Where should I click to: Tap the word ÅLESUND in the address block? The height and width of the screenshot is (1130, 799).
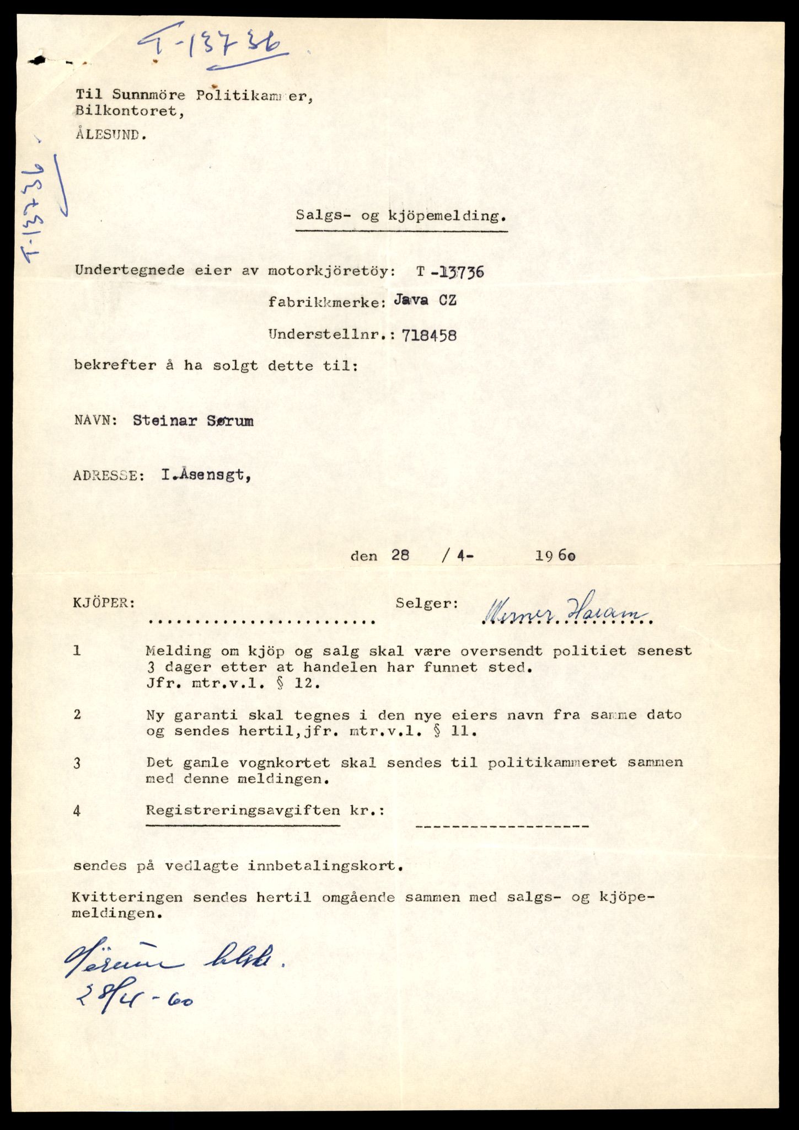pos(110,135)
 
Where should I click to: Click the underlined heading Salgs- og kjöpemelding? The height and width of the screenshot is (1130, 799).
pos(401,216)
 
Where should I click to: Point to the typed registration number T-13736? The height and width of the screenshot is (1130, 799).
pos(451,271)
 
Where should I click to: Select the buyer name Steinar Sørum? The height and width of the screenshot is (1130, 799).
pos(193,421)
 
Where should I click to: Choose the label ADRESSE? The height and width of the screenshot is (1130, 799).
pos(109,476)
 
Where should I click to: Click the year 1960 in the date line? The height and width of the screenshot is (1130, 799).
pos(555,556)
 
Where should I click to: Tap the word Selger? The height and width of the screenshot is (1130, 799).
pos(427,604)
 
